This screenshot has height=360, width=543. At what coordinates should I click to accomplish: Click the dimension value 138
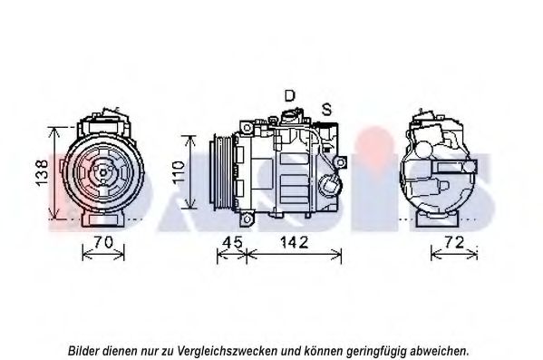click(x=42, y=172)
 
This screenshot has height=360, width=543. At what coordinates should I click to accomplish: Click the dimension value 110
click(x=179, y=172)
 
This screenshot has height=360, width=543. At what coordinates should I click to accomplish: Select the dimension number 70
click(x=103, y=242)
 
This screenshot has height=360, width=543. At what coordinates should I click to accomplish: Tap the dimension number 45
click(x=233, y=242)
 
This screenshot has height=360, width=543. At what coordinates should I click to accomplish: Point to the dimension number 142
click(x=294, y=242)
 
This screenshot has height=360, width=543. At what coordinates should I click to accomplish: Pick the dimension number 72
click(x=454, y=242)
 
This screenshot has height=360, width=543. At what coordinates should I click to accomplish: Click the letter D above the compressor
click(x=289, y=95)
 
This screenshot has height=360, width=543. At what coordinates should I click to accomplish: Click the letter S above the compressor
click(x=326, y=109)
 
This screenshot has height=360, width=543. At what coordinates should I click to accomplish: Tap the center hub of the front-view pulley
click(x=103, y=172)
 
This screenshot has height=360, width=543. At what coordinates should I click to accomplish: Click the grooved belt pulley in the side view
click(x=221, y=172)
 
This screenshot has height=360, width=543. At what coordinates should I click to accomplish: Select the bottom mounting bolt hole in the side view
click(x=247, y=219)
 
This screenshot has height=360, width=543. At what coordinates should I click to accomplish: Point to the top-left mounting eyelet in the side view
click(x=247, y=128)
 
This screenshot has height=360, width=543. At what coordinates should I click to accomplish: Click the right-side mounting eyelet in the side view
click(x=341, y=162)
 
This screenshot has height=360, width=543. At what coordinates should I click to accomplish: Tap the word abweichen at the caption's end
click(x=439, y=351)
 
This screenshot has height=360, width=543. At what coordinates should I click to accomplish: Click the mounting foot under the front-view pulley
click(x=102, y=219)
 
